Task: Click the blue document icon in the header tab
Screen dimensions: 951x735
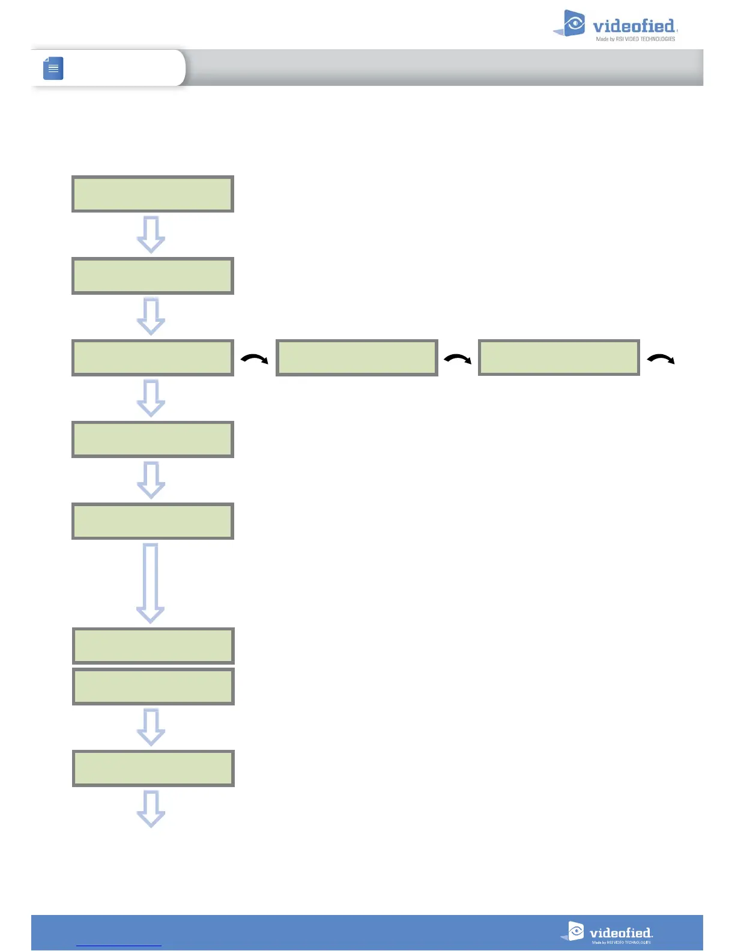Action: coord(53,68)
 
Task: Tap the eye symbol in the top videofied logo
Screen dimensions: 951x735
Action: coord(575,24)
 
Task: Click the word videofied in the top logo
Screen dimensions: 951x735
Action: coord(634,26)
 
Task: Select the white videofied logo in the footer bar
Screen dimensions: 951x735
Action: coord(608,932)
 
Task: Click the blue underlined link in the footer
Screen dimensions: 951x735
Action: coord(119,945)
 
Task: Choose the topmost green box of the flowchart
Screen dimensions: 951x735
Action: coord(153,194)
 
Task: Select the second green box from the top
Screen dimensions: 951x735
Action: coord(153,276)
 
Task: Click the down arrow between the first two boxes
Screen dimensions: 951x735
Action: coord(151,235)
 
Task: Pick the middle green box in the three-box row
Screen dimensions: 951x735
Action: coord(357,358)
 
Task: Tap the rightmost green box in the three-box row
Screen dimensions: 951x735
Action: coord(559,358)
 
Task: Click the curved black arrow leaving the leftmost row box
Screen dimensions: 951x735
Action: coord(254,359)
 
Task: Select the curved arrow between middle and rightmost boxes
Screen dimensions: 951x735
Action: coord(458,359)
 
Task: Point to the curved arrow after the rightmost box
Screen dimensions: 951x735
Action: coord(661,359)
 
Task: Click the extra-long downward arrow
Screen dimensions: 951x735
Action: coord(151,583)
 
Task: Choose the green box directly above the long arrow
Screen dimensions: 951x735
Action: coord(153,521)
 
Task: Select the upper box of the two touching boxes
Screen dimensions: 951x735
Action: coord(153,645)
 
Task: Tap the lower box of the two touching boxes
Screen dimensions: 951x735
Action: coord(153,686)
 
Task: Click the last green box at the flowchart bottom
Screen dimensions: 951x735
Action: coord(153,768)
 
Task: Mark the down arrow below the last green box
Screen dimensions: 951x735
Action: coord(151,809)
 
